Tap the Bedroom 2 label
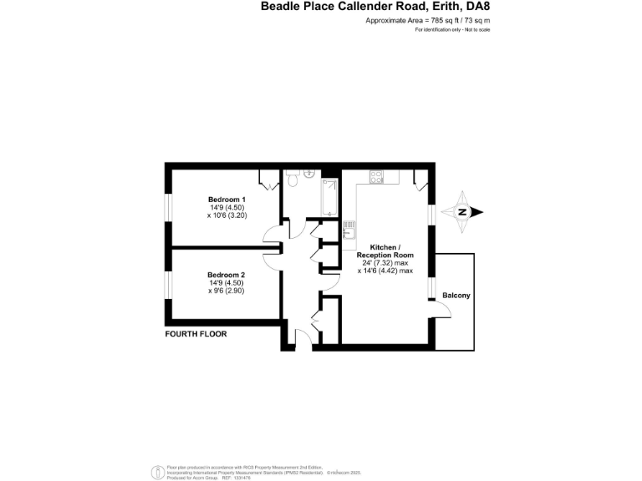pyautogui.click(x=226, y=275)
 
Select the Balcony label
pyautogui.click(x=456, y=296)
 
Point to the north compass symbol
pyautogui.click(x=462, y=212)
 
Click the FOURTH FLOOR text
pyautogui.click(x=196, y=334)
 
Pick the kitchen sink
pyautogui.click(x=349, y=230)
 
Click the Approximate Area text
pyautogui.click(x=427, y=19)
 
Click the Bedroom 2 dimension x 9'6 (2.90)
pyautogui.click(x=226, y=291)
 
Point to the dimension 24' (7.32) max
pyautogui.click(x=385, y=262)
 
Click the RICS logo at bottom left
pyautogui.click(x=155, y=472)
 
